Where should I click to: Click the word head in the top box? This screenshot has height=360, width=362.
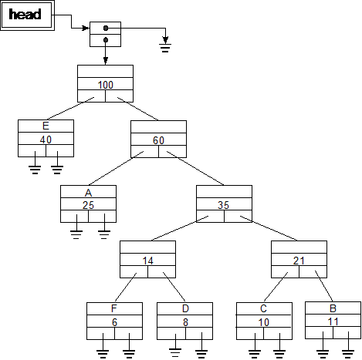[25, 15]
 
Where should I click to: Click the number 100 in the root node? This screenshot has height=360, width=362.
[106, 85]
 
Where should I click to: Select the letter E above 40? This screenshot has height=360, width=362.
[46, 126]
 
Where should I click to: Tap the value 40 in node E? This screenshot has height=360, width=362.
[46, 140]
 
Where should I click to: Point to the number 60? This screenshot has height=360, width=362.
[158, 140]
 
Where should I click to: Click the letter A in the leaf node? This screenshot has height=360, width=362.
[88, 193]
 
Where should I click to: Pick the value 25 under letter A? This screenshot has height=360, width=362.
[88, 205]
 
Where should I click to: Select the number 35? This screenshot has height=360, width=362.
[223, 205]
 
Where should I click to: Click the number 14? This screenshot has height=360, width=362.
[148, 261]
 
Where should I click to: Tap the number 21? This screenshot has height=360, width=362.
[299, 261]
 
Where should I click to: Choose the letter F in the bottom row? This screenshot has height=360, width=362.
[114, 308]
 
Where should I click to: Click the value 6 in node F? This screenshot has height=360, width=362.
[115, 322]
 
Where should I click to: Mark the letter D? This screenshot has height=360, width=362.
[185, 308]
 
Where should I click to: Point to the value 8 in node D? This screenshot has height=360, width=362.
[185, 322]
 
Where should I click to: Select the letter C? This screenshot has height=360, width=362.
[263, 308]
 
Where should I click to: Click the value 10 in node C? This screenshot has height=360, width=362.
[264, 322]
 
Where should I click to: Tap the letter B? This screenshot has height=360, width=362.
[333, 308]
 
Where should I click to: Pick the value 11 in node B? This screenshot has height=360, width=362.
[333, 321]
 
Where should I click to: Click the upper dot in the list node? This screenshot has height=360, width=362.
[106, 28]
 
